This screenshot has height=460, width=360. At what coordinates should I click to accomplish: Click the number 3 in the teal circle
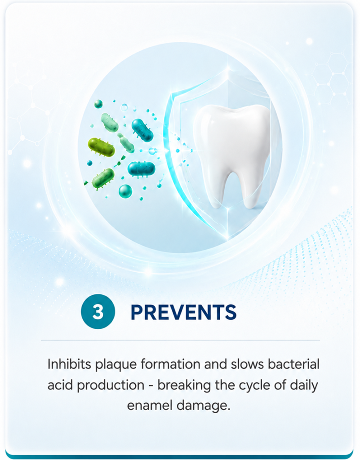click(98, 312)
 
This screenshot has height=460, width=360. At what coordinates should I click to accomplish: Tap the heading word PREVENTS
click(183, 312)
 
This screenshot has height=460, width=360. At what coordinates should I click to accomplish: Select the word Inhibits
click(70, 364)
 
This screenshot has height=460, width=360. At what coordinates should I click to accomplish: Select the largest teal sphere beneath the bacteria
click(125, 191)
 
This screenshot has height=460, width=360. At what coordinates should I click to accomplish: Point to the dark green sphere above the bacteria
click(98, 104)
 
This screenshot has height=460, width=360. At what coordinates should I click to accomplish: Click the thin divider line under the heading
click(180, 341)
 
